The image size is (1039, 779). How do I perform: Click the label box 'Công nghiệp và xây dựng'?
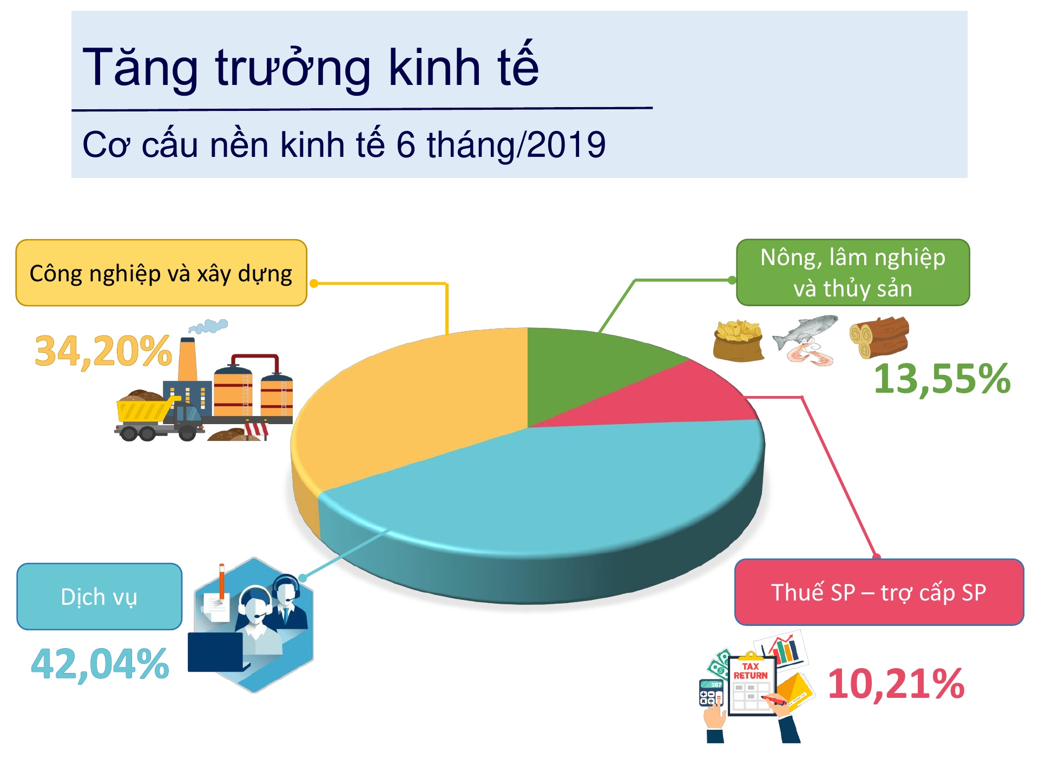[x=161, y=273]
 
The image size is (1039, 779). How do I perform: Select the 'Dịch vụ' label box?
[x=99, y=596]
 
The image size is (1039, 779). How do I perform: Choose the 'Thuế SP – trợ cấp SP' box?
[x=879, y=592]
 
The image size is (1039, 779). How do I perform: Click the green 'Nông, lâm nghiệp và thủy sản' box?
[x=853, y=273]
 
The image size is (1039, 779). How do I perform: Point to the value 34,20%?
[x=103, y=351]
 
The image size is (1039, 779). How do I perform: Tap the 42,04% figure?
[x=100, y=664]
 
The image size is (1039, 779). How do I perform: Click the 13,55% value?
[x=942, y=379]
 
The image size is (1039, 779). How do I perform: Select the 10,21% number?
[x=896, y=684]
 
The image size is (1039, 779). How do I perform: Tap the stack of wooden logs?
[x=879, y=337]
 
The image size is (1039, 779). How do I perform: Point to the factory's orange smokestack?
[x=187, y=360]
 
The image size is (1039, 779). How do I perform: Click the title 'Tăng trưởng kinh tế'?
[x=311, y=67]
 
